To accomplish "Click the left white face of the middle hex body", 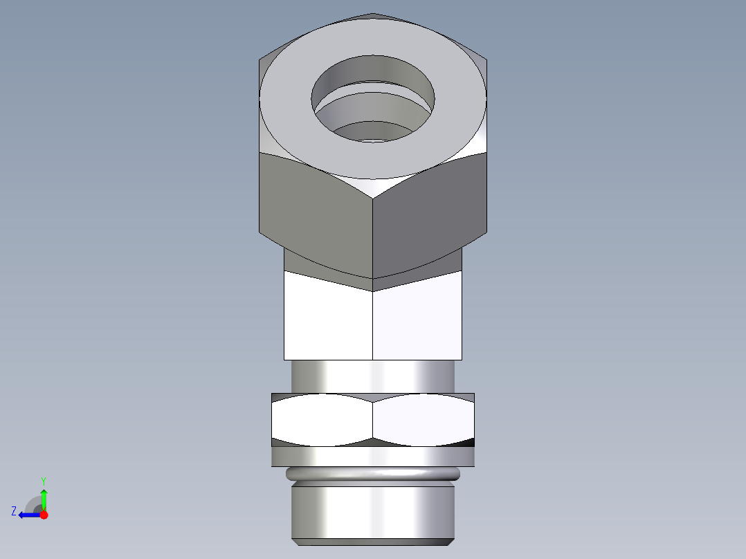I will coord(328,318).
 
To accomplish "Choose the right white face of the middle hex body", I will coord(417,318).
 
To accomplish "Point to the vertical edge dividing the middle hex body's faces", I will coord(373,325).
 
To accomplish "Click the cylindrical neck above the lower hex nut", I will coord(373,376).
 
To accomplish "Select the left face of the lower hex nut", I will coord(322,419).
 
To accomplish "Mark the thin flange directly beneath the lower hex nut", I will coord(373,456).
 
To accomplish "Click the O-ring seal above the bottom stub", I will coord(373,474).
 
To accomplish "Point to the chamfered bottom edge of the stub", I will coord(373,541).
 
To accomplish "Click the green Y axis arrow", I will coord(44,497).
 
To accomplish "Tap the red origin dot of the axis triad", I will coord(44,515).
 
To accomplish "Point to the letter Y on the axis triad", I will coord(44,480).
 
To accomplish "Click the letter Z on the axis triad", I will coord(14,511).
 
